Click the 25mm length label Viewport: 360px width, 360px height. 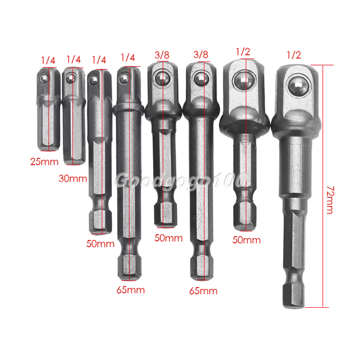44,162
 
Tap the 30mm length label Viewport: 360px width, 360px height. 73,179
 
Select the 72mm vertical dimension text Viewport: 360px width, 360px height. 330,200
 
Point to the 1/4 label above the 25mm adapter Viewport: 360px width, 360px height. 48,60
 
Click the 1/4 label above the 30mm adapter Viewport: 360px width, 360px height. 74,59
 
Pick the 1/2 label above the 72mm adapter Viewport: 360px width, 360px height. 294,55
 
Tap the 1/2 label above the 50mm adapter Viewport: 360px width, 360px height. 243,52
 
